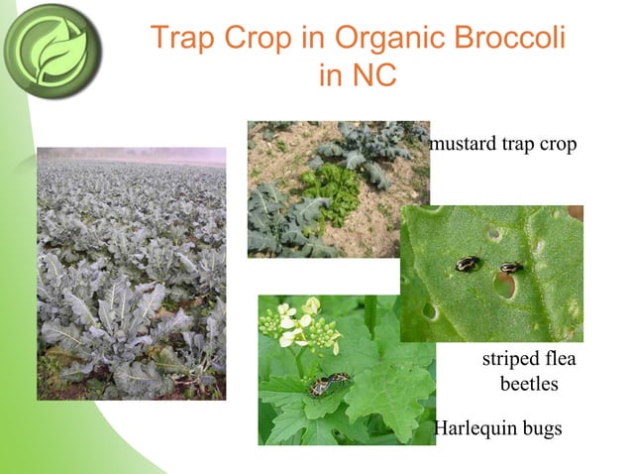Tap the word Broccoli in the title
(511, 39)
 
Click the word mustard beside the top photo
(466, 145)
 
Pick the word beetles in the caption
(528, 384)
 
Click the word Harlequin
(474, 428)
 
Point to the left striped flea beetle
(468, 264)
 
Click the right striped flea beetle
(511, 267)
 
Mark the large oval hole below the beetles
(504, 286)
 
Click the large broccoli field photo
(131, 273)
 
